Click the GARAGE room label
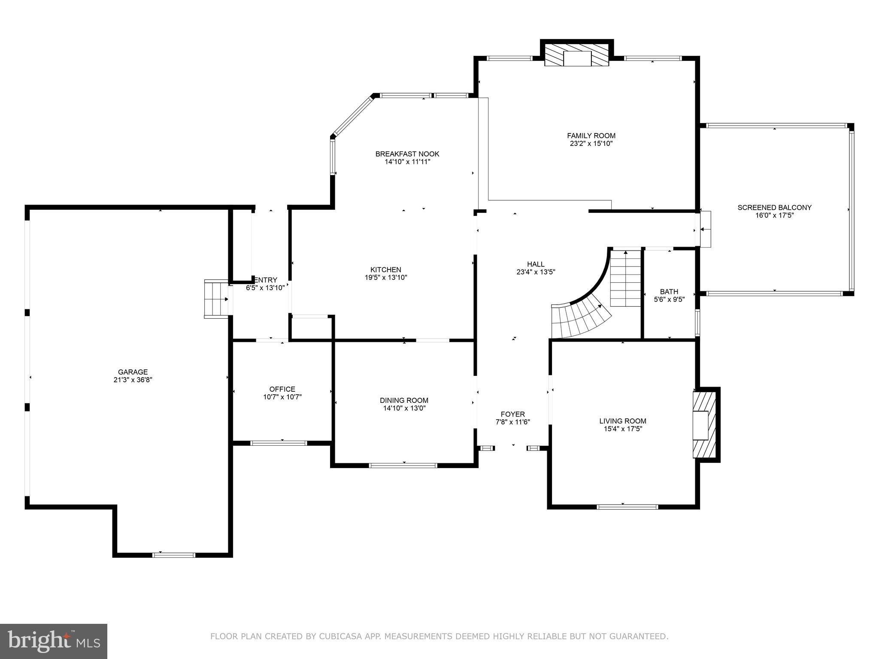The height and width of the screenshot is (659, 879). point(133,372)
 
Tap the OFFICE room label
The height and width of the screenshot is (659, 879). point(282,389)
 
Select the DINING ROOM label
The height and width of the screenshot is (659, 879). point(404,400)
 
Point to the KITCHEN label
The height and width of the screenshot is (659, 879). point(386,269)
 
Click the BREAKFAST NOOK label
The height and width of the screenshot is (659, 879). point(407,154)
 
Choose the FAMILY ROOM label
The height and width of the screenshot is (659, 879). point(591,136)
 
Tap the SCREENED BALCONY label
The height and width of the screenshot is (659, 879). point(774,208)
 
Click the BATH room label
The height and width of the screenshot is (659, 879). point(669,292)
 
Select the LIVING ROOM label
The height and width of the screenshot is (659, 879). point(623,421)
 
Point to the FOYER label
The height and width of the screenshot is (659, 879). point(513,414)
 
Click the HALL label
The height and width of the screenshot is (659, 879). point(536,264)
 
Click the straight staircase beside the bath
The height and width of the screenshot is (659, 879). point(626,278)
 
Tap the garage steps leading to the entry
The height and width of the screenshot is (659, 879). point(217,299)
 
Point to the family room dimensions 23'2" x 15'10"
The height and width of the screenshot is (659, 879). point(591,143)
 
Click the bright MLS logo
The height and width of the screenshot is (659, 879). point(54,641)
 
